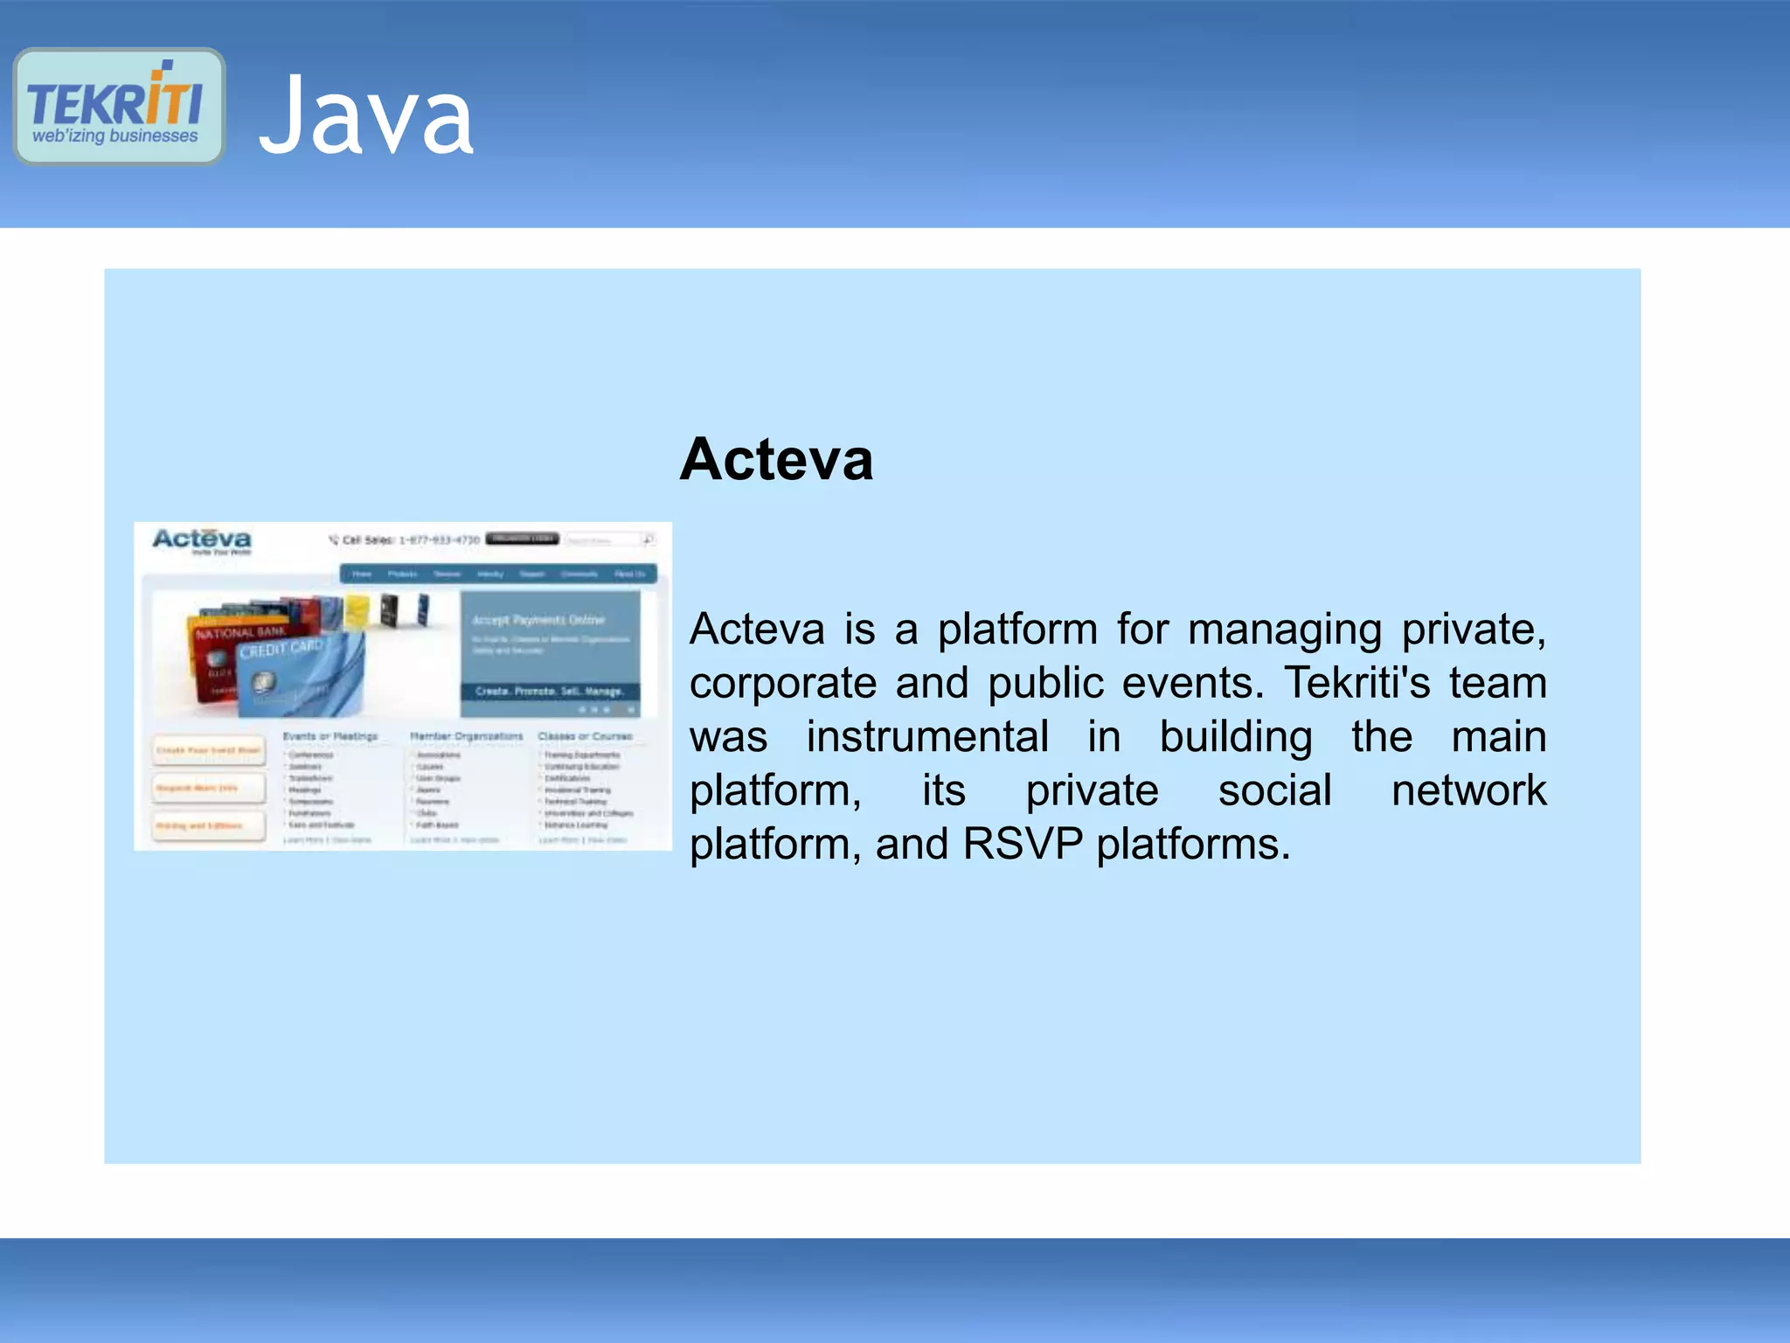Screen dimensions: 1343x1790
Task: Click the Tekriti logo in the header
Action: click(x=119, y=107)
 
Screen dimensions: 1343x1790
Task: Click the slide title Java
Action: click(x=366, y=115)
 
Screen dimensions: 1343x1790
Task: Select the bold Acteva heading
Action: click(x=776, y=459)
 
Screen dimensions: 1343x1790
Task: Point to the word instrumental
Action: click(x=926, y=737)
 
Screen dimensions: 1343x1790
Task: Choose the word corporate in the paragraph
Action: click(x=782, y=683)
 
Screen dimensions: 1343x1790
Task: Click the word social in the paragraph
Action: click(x=1274, y=790)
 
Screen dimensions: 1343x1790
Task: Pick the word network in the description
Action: click(x=1468, y=790)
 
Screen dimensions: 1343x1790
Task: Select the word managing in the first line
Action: click(x=1284, y=630)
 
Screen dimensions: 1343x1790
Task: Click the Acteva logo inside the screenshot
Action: click(x=202, y=539)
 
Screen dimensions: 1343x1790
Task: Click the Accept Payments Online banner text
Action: click(x=538, y=620)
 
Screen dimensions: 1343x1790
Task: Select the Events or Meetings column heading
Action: click(x=330, y=736)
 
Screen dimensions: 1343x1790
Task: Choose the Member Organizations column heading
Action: click(x=466, y=736)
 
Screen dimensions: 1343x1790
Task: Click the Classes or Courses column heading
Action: click(x=585, y=736)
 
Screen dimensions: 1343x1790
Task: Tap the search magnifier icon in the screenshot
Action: click(x=649, y=539)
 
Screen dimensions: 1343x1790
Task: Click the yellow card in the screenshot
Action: click(x=357, y=610)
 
